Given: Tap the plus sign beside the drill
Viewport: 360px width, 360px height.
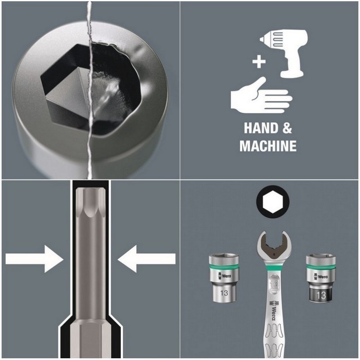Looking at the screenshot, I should pyautogui.click(x=258, y=62).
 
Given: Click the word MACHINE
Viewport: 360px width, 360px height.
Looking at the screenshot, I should pyautogui.click(x=268, y=146).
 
